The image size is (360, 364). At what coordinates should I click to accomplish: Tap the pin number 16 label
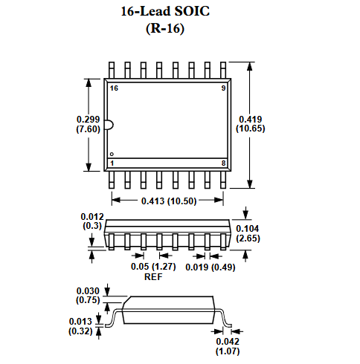114,88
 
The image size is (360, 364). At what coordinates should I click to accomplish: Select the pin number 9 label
223,88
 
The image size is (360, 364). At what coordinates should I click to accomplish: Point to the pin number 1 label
112,162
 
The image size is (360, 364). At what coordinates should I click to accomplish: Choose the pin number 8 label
223,162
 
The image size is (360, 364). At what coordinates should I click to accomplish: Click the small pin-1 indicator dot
112,153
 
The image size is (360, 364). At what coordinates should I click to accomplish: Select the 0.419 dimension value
250,120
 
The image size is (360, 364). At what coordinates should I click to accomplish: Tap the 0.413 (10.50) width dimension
167,201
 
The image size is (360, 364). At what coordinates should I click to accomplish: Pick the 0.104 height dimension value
247,229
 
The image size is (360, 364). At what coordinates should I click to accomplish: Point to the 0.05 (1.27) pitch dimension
152,267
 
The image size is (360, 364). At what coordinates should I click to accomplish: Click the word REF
152,276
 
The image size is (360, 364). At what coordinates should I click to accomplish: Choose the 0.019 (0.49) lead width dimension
210,267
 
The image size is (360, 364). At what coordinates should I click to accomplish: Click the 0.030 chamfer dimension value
88,291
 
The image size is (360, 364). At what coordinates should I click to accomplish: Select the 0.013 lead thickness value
80,321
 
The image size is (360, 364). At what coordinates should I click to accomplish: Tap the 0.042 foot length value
228,341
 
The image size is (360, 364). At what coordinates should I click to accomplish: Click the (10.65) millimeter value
250,129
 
